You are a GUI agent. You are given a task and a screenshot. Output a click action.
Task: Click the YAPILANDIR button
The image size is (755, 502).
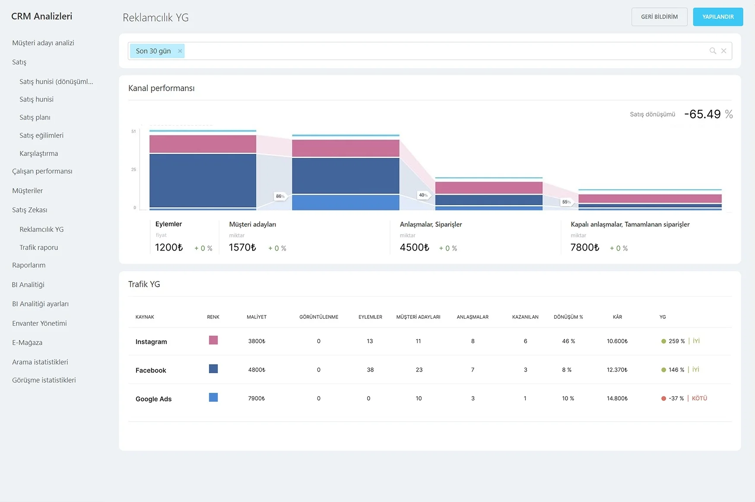(718, 17)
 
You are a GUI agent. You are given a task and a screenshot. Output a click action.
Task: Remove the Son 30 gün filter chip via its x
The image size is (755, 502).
(180, 51)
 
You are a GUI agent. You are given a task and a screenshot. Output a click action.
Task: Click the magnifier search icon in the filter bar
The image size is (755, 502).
(713, 51)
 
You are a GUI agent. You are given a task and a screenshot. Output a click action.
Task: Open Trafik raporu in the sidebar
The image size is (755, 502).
(38, 248)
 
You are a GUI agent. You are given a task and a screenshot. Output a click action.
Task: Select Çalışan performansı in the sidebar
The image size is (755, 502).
(42, 171)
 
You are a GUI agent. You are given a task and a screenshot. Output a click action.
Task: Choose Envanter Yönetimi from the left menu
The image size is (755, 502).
(39, 323)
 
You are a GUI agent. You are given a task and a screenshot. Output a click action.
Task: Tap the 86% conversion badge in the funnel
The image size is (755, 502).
(280, 196)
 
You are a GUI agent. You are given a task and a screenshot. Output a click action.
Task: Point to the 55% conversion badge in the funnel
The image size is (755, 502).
(566, 202)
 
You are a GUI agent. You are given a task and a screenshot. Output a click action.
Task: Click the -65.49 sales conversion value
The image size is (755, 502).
(703, 114)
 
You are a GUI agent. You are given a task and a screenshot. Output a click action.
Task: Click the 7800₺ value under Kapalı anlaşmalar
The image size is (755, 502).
(585, 248)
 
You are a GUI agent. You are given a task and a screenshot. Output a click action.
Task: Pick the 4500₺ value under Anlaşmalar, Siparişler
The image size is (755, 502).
(414, 248)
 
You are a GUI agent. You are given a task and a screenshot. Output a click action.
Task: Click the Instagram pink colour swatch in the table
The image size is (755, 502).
(213, 340)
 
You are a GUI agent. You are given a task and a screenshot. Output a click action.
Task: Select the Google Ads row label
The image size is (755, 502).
(153, 399)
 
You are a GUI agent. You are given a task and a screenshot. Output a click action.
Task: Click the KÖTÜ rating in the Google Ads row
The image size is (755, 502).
(699, 398)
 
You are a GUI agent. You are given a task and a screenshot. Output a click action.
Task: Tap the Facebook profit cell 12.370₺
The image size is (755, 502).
(617, 370)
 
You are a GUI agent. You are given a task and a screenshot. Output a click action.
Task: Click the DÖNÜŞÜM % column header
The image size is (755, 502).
(568, 317)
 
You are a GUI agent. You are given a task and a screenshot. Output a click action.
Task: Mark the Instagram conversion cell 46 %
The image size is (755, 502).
(568, 341)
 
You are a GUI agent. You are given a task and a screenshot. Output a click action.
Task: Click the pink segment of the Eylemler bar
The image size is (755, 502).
(203, 144)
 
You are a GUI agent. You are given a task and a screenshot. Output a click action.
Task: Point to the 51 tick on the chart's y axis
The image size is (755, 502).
(133, 131)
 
